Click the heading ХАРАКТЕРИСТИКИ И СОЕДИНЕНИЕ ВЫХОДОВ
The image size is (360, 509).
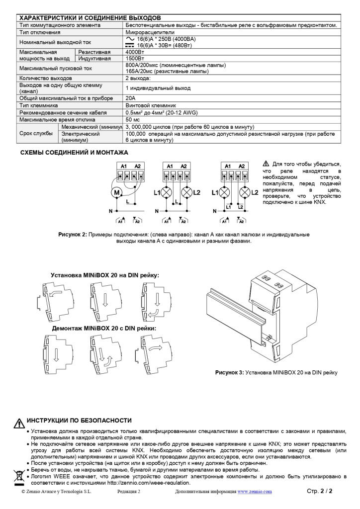[x=90, y=18]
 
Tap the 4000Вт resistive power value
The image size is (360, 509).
[x=134, y=52]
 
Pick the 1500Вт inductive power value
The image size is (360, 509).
[x=134, y=58]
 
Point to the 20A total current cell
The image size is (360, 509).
[x=130, y=98]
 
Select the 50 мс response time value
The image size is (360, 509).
[x=132, y=120]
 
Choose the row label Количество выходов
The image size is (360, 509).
[x=45, y=78]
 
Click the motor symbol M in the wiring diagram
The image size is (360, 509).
[x=117, y=192]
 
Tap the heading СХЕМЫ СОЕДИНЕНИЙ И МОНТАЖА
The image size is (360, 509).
[x=74, y=152]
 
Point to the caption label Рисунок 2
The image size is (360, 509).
[x=73, y=234]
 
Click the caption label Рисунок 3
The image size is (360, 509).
[x=229, y=372]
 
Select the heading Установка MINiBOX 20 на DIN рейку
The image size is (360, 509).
[x=105, y=275]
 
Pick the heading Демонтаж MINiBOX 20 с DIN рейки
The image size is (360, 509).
[x=104, y=328]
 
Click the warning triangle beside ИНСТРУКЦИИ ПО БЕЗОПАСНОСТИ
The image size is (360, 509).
[x=19, y=423]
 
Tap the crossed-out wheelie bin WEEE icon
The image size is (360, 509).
[x=19, y=478]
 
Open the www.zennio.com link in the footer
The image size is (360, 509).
[x=254, y=492]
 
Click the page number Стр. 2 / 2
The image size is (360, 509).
[x=319, y=491]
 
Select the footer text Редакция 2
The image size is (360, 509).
[x=129, y=492]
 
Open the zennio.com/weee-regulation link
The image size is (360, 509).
[x=149, y=483]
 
